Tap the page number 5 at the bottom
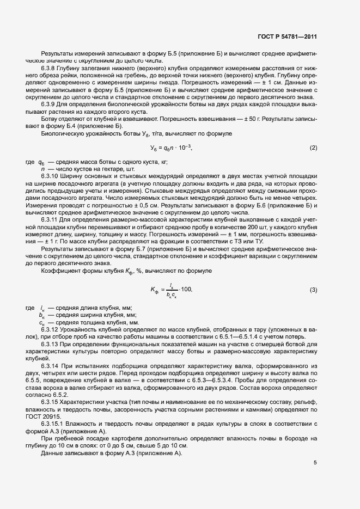pyautogui.click(x=315, y=463)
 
